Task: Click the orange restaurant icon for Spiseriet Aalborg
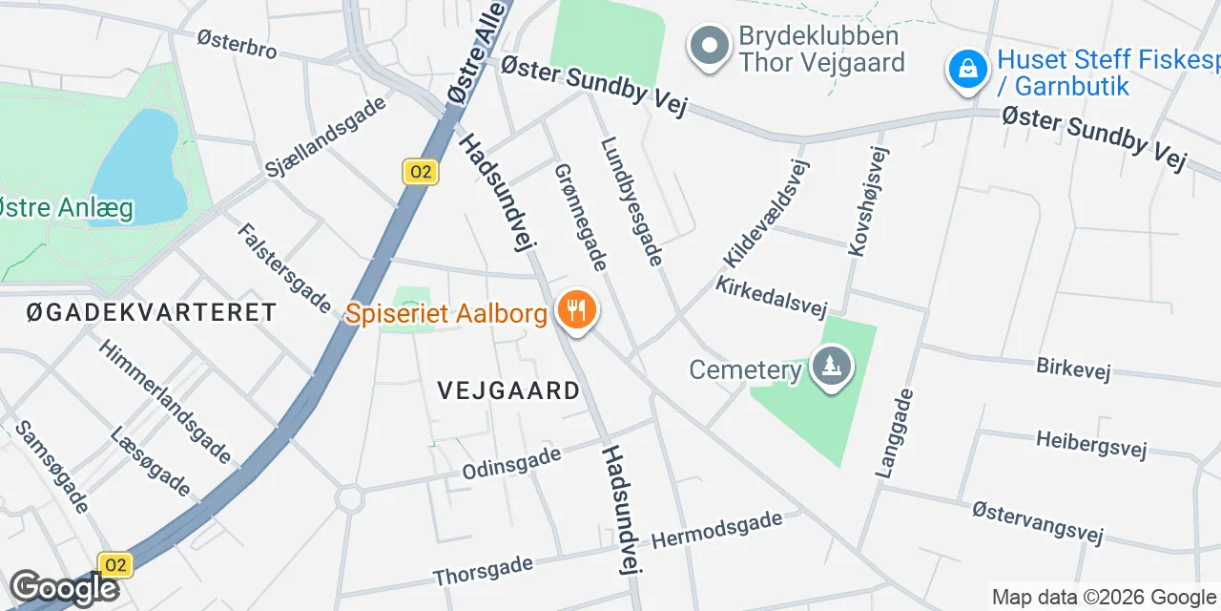[x=576, y=311]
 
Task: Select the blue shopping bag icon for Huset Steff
[x=968, y=70]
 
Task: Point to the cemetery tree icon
[x=832, y=366]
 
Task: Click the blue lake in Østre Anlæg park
[x=138, y=167]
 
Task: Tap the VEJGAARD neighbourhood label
[x=508, y=390]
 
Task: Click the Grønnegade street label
[x=581, y=217]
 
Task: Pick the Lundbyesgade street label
[x=631, y=201]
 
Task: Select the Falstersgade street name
[x=284, y=268]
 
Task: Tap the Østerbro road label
[x=237, y=44]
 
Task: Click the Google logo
[x=64, y=588]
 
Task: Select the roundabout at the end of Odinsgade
[x=349, y=497]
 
